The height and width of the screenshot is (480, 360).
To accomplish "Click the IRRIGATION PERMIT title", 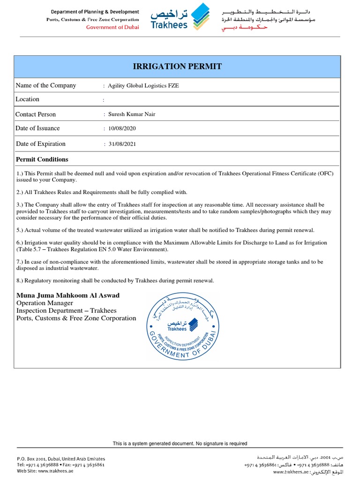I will [x=178, y=67].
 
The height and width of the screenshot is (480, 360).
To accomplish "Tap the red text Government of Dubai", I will [x=112, y=27].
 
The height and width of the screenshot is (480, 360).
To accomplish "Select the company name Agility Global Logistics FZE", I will [x=143, y=86].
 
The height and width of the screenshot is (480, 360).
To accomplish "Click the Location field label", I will [x=27, y=99].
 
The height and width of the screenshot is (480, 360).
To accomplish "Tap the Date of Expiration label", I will [x=40, y=144].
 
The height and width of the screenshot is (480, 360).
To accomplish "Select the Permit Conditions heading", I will [x=42, y=159].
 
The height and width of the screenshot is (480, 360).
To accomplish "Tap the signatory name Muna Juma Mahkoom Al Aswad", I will [x=68, y=295].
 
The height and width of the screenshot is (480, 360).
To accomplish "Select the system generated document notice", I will [x=180, y=443].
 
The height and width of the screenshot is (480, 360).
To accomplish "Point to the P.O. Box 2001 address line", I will [x=60, y=458].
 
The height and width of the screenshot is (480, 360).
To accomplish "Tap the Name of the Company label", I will [x=45, y=85].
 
